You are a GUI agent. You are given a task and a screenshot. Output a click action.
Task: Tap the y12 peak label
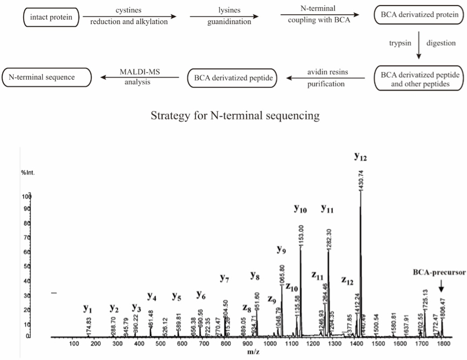pyautogui.click(x=360, y=158)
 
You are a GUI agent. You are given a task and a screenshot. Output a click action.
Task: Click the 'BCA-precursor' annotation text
pyautogui.click(x=440, y=272)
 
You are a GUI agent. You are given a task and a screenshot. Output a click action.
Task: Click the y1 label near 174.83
pyautogui.click(x=87, y=308)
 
